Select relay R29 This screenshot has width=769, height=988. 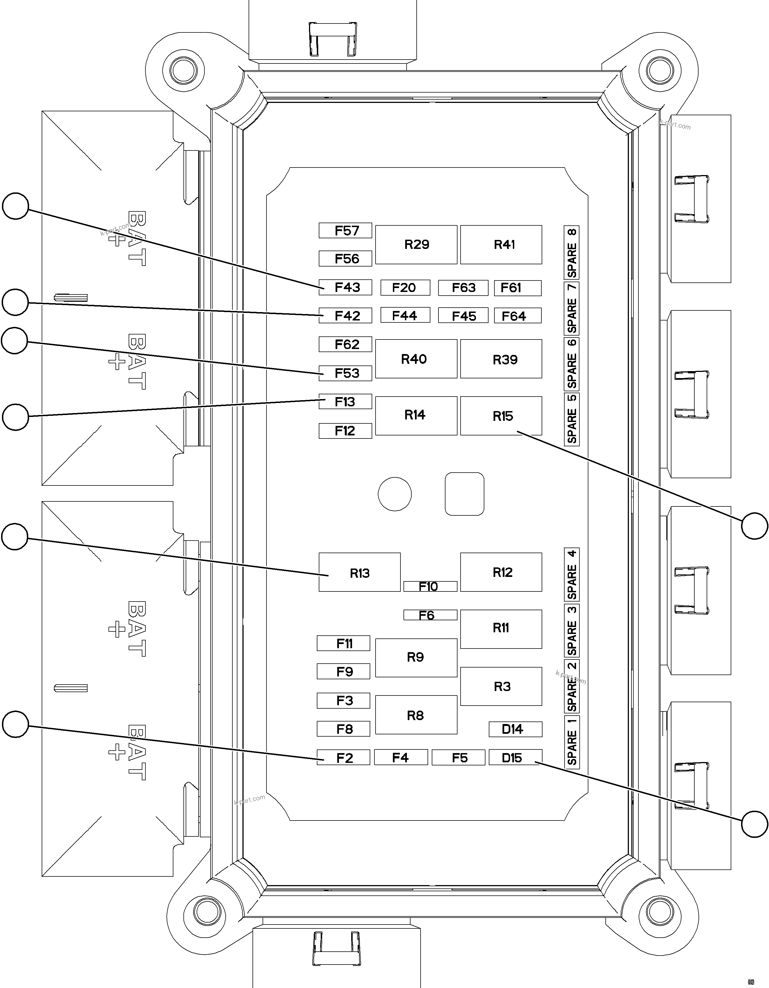[416, 245]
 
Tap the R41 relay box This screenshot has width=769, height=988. [501, 245]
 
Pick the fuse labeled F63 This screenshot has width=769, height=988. [463, 288]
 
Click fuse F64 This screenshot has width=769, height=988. [518, 316]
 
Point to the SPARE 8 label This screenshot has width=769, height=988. [572, 253]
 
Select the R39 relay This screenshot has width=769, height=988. [501, 359]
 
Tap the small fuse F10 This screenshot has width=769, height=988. [430, 586]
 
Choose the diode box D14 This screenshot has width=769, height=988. [515, 729]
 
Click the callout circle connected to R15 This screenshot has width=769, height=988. [754, 526]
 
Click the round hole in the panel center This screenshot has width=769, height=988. [395, 494]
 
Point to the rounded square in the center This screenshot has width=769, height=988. [464, 494]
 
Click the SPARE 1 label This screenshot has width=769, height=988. [572, 742]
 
